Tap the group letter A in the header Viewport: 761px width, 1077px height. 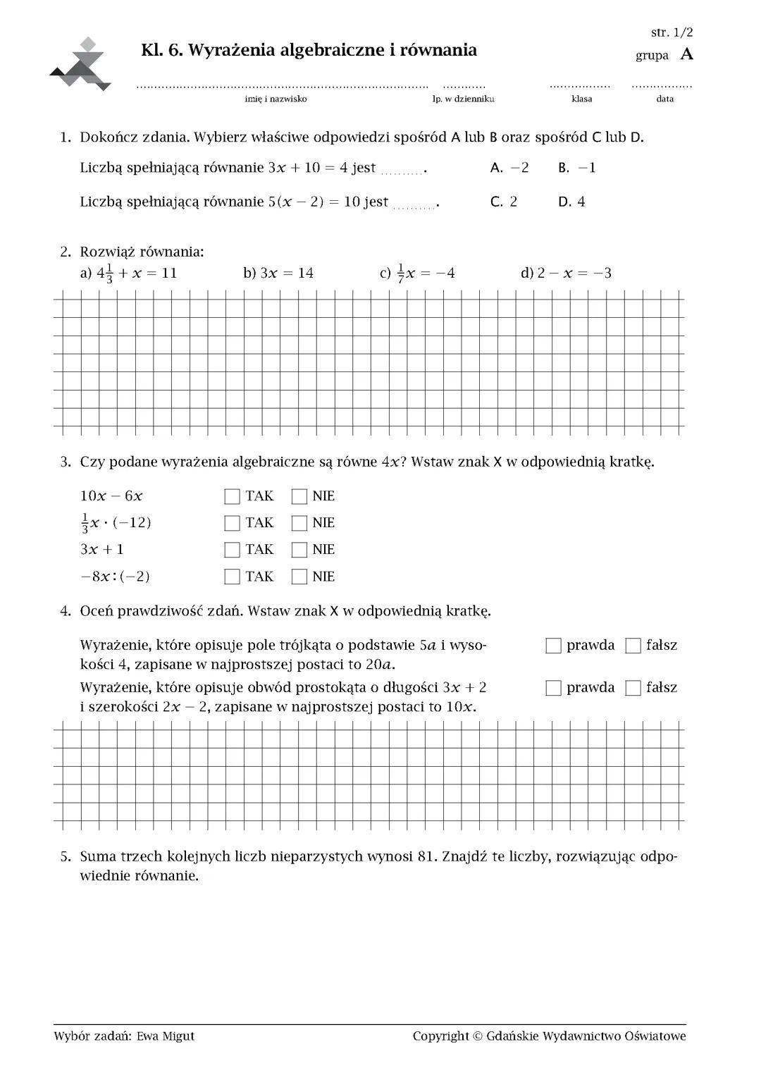686,54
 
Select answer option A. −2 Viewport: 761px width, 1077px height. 509,168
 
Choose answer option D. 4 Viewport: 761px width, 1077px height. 571,202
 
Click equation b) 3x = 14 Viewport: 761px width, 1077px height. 278,273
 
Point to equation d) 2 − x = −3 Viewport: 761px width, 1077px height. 566,273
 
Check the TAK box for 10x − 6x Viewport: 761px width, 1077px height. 232,496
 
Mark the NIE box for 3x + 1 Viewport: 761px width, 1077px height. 299,550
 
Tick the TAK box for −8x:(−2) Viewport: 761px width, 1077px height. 232,577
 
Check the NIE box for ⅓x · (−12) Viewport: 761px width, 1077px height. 299,523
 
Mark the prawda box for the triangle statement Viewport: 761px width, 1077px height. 553,646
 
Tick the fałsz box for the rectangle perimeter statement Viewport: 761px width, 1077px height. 633,688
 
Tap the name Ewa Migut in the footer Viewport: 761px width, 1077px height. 166,1035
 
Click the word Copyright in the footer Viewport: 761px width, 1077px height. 440,1035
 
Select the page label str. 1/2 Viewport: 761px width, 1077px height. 672,32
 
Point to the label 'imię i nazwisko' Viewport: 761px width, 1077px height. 276,99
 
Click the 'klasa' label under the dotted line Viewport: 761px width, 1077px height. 581,99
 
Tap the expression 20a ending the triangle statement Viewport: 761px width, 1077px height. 380,664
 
